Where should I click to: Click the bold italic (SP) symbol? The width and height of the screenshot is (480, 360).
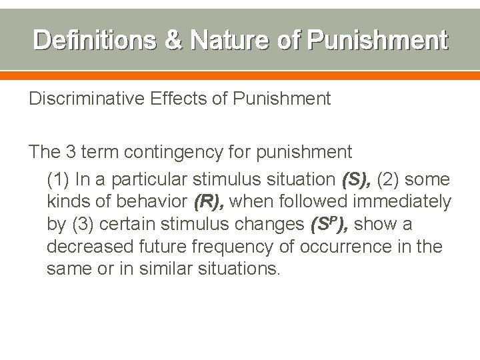click(x=325, y=224)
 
